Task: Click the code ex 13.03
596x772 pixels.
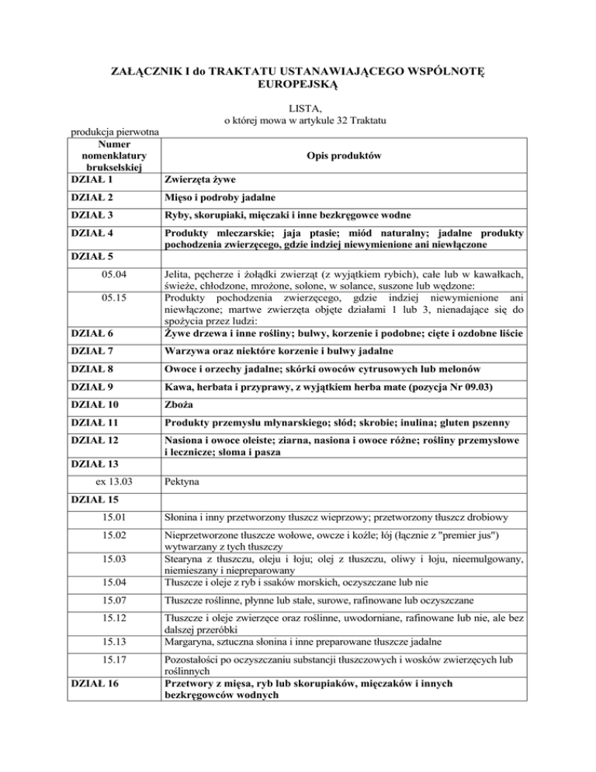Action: tap(108, 482)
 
